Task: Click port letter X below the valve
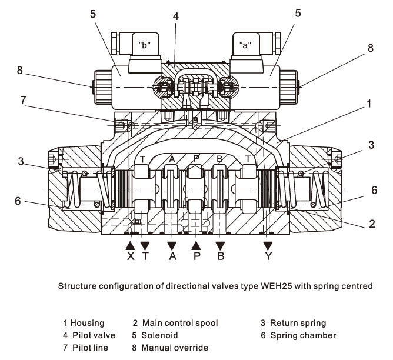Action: pos(131,256)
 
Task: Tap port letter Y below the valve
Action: pos(268,256)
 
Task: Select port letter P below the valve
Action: pos(196,256)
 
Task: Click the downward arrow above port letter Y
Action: pos(268,244)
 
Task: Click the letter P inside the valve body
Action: pos(196,159)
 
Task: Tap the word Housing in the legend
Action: pos(89,323)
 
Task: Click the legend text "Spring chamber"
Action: pos(303,335)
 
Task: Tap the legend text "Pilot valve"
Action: pos(93,335)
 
